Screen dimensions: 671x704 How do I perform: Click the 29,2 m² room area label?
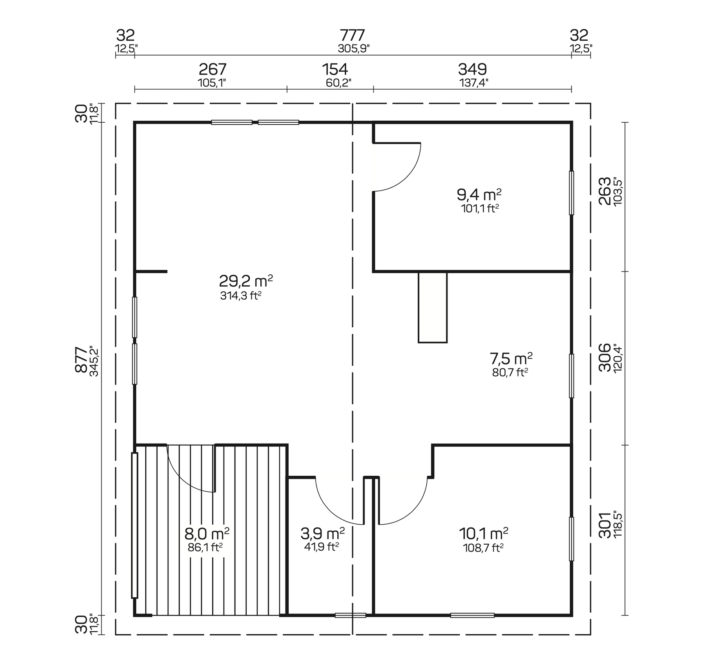click(246, 281)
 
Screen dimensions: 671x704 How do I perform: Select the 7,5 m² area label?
click(511, 359)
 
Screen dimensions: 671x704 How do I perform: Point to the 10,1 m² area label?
click(483, 533)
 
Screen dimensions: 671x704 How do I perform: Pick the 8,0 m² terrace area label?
click(207, 533)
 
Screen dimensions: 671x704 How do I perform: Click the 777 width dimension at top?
click(352, 36)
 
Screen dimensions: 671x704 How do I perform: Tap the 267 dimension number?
click(212, 69)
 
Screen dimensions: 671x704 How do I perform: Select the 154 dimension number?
click(335, 69)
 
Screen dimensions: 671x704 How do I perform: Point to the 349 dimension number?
click(472, 69)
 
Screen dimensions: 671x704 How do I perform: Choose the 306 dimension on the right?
click(605, 358)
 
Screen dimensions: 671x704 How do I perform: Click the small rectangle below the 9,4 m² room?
click(432, 307)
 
